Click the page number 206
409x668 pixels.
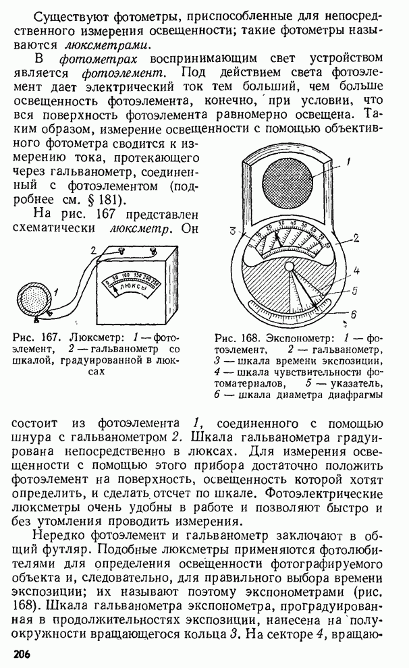point(22,654)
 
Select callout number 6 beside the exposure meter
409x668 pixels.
point(353,314)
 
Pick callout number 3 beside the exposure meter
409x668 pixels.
point(233,231)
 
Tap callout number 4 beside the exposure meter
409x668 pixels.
point(356,270)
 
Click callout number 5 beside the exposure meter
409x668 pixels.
point(354,291)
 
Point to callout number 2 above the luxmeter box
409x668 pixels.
point(94,250)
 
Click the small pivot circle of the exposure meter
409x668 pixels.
point(290,267)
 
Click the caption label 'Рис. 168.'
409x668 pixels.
point(238,339)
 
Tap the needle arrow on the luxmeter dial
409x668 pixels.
point(113,291)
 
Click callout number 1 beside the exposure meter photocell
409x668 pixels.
point(348,162)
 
